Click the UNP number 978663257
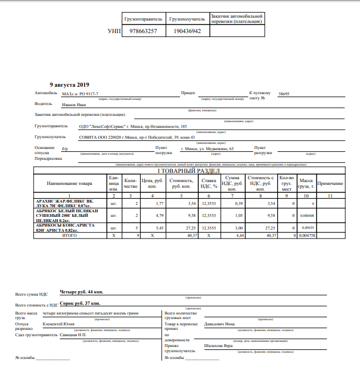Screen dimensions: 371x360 click(x=143, y=31)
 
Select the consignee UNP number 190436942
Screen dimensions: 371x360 click(x=187, y=31)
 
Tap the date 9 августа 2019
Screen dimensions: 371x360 click(x=69, y=84)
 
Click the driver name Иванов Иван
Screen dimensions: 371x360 click(x=73, y=104)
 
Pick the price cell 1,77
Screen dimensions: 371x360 click(x=159, y=203)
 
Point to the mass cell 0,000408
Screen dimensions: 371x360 click(x=306, y=216)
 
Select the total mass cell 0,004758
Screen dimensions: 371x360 click(x=306, y=235)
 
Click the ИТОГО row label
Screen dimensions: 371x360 click(x=69, y=235)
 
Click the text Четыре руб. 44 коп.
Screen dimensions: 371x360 click(x=82, y=292)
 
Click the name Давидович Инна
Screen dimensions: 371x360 click(x=220, y=324)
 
